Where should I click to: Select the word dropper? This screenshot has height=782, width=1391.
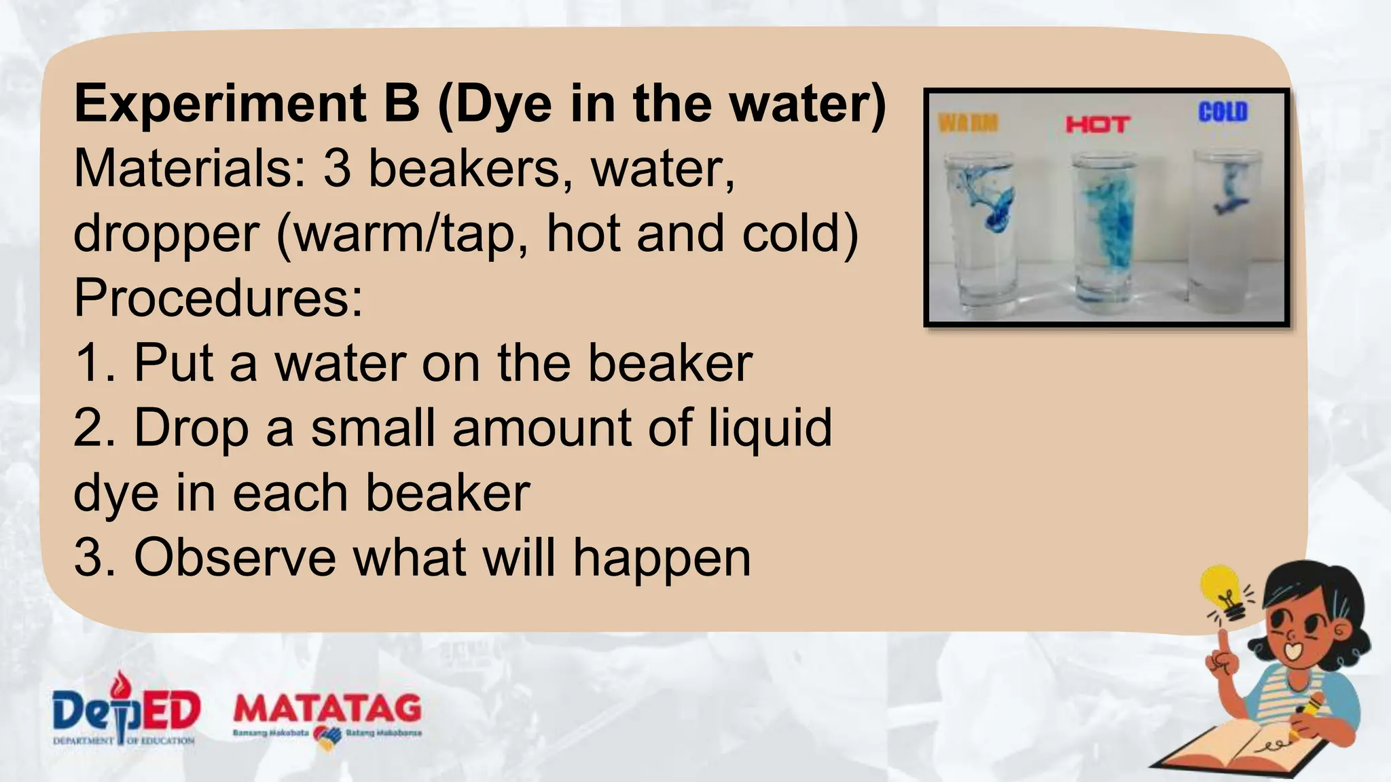[x=167, y=234]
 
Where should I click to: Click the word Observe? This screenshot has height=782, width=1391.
[x=235, y=558]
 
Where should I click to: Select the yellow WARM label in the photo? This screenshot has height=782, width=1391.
[x=969, y=123]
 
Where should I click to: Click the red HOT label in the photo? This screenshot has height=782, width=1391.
[x=1098, y=124]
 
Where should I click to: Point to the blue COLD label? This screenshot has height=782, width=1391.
[x=1223, y=112]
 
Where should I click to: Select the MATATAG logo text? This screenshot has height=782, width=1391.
[x=327, y=709]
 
